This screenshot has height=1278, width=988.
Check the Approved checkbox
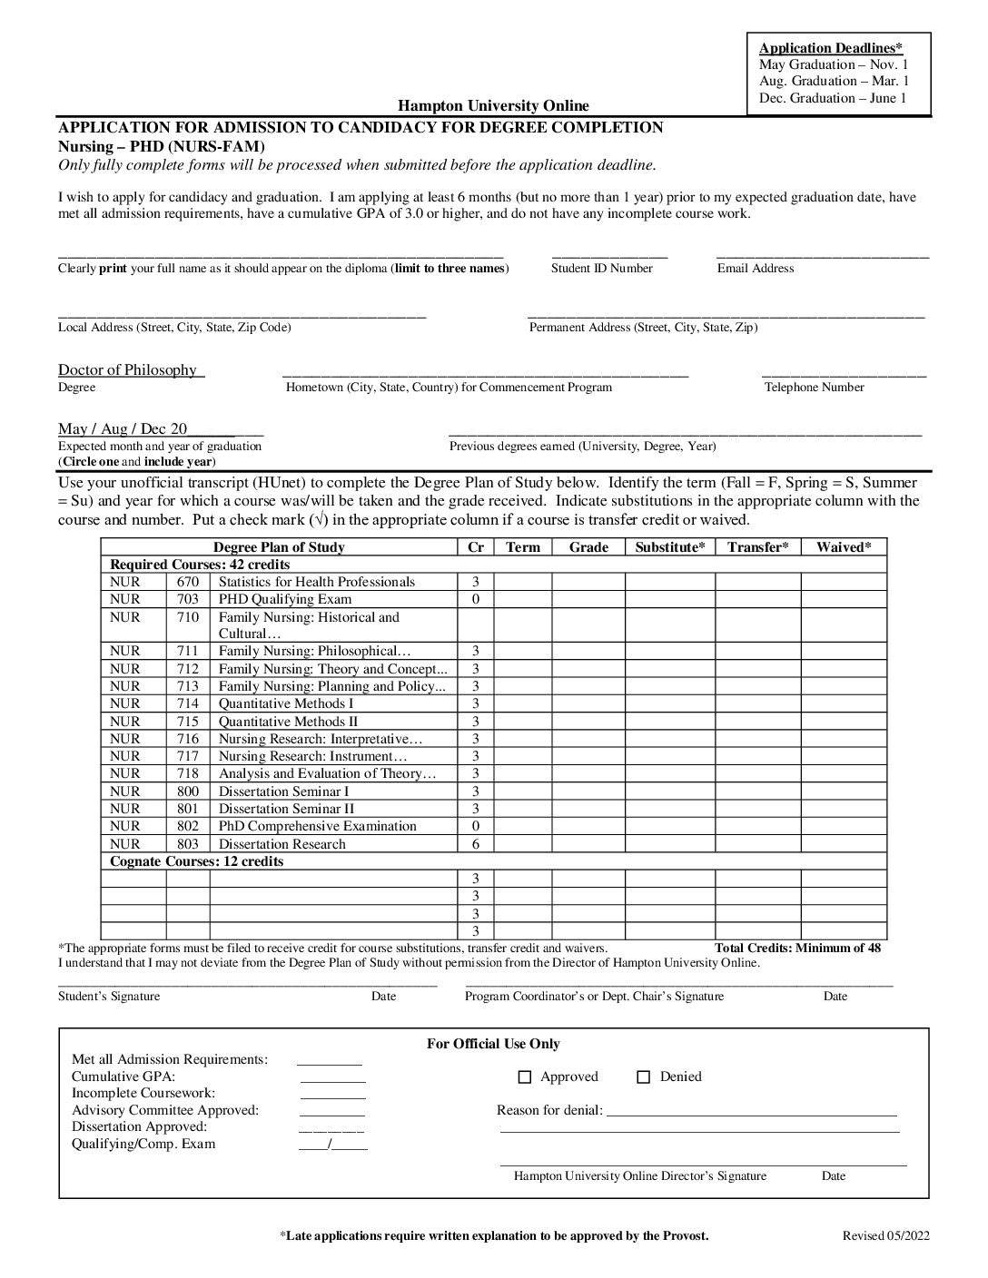[x=524, y=1077]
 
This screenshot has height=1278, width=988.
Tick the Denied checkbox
[x=644, y=1077]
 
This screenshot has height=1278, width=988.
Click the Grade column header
[x=588, y=547]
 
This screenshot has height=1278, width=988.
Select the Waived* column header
[x=844, y=547]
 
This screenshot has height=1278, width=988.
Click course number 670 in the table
[x=187, y=582]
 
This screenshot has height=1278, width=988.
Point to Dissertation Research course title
[x=282, y=844]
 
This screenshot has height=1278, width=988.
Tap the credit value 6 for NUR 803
[x=475, y=844]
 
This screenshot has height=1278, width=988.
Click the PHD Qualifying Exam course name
[x=285, y=599]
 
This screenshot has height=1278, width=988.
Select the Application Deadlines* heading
[x=831, y=48]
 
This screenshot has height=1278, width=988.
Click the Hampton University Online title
[x=493, y=106]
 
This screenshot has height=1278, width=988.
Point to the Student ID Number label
[x=602, y=269]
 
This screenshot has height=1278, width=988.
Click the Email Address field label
[x=756, y=269]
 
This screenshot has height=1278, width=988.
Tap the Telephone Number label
[x=815, y=388]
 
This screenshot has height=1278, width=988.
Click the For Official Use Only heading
[x=493, y=1045]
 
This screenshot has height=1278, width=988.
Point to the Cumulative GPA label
[x=123, y=1076]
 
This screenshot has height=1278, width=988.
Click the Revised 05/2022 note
[x=885, y=1236]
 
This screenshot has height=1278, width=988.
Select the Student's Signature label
[x=109, y=997]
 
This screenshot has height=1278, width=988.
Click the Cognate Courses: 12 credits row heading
[x=196, y=861]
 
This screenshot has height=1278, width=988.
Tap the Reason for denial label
[x=549, y=1110]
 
